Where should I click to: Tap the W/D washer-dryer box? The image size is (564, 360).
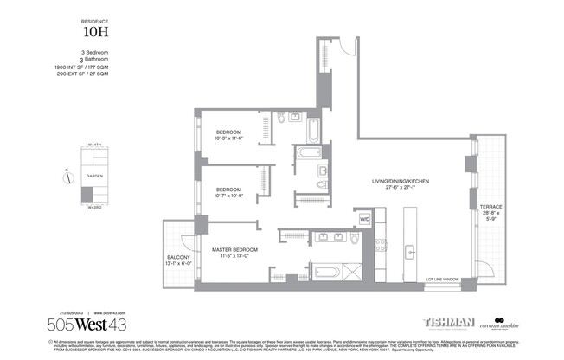coord(364,220)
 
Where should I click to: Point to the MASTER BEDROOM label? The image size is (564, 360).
coord(236,249)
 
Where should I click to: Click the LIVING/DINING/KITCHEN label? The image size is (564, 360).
coord(401,182)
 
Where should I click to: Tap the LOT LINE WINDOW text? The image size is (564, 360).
coord(442,280)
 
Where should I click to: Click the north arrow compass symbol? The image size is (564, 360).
coord(67,177)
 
